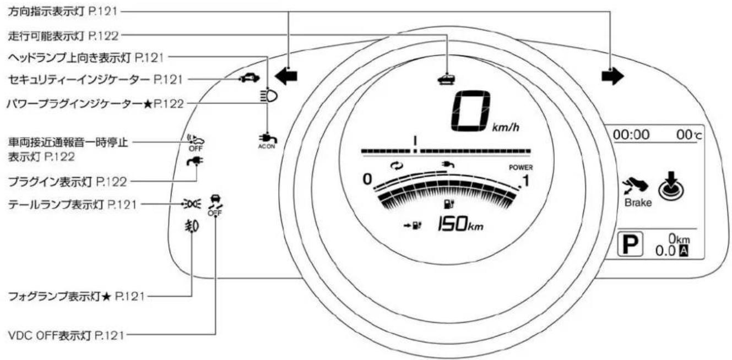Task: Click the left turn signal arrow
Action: click(x=286, y=77)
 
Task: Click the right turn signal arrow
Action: click(x=612, y=77)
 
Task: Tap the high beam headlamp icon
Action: click(x=269, y=96)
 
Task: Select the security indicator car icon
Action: click(x=250, y=78)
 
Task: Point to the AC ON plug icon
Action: click(x=267, y=141)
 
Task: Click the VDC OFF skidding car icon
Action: click(x=215, y=205)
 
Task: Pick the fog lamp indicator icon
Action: click(x=192, y=226)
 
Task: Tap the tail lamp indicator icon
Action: click(x=192, y=204)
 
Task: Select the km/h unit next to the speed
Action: click(x=506, y=127)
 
